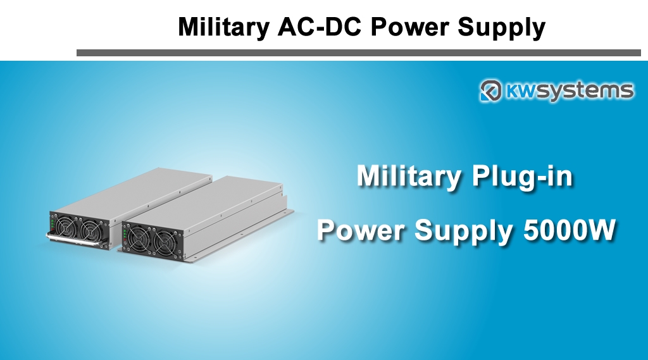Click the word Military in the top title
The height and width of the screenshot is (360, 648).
click(x=223, y=27)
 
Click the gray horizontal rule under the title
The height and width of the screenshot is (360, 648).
click(x=359, y=53)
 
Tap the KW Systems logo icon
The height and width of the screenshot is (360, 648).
click(x=490, y=90)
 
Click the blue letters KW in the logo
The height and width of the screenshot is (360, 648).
click(x=521, y=90)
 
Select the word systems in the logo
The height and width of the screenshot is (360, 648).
click(x=585, y=91)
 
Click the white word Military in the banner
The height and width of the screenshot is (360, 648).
click(x=409, y=177)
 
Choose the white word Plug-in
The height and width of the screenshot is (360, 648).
click(x=522, y=177)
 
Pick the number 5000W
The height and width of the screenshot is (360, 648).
click(x=570, y=230)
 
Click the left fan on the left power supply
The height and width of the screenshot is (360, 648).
click(x=65, y=226)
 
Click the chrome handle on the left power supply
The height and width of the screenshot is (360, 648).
click(x=75, y=240)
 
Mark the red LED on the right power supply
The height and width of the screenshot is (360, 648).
click(x=124, y=241)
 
